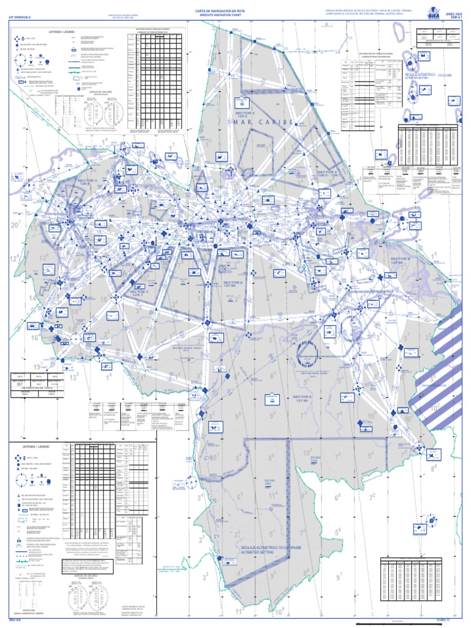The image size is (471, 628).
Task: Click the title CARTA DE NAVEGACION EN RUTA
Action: pos(220,10)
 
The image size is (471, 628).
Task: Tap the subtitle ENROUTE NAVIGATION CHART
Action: pos(220,15)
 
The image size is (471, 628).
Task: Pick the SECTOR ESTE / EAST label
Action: pos(313,374)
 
